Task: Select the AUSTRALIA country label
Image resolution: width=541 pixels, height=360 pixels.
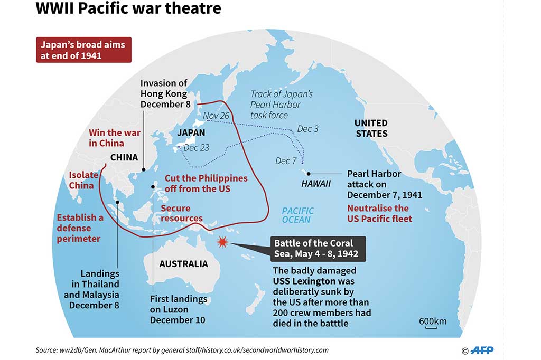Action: tap(183, 263)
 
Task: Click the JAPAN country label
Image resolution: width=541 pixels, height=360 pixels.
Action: tap(191, 133)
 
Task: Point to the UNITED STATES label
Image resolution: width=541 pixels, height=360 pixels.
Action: tap(371, 128)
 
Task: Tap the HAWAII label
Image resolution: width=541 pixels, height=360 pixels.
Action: tap(316, 184)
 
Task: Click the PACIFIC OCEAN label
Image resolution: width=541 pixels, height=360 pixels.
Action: tap(297, 215)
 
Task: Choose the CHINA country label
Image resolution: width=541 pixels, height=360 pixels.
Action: tap(124, 157)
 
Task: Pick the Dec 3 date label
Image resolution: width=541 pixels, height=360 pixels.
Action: tap(307, 129)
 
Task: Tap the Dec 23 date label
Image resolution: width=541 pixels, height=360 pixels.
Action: tap(197, 147)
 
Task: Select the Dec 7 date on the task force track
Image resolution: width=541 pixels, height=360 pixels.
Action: tap(286, 161)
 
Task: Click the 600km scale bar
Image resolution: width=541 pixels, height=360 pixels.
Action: tap(432, 323)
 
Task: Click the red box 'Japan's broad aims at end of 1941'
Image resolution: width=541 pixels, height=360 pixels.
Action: tap(83, 50)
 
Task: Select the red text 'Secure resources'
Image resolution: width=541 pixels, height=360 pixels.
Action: tap(182, 213)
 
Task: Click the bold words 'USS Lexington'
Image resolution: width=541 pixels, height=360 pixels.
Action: tap(304, 281)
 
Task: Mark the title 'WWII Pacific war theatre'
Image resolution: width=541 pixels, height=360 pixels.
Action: tap(128, 9)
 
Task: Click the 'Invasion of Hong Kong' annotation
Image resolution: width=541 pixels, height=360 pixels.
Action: tap(164, 93)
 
